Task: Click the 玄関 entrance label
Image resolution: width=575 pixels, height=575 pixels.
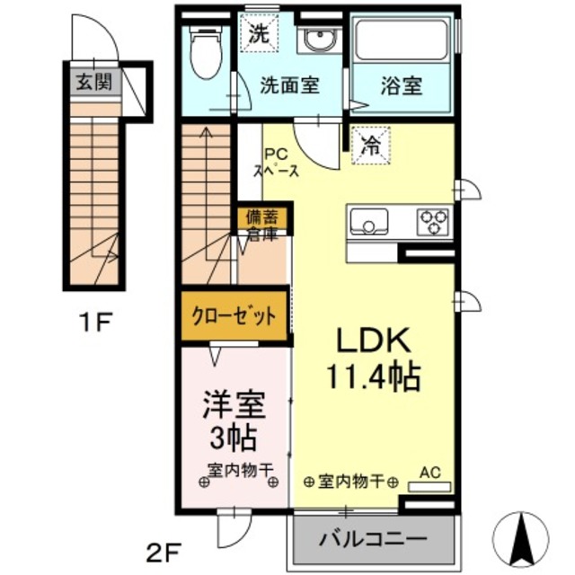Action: [x=93, y=84]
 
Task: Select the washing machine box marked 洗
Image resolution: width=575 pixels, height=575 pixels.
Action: [x=259, y=37]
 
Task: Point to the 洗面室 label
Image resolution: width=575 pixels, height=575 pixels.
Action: [x=289, y=87]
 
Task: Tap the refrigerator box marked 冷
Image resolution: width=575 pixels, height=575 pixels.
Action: [x=369, y=144]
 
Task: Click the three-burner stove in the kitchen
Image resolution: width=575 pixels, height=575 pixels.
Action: [x=433, y=220]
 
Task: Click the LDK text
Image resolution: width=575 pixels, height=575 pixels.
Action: [x=374, y=341]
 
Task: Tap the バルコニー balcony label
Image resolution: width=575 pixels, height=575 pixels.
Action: [x=373, y=542]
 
